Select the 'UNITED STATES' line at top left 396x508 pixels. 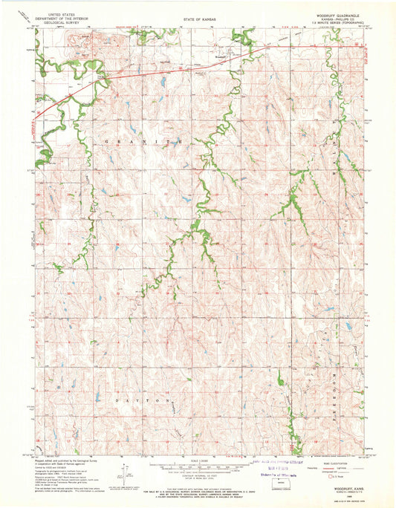tap(60, 13)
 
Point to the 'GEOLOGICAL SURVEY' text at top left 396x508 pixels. tap(60, 22)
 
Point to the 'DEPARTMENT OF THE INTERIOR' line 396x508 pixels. tap(60, 18)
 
